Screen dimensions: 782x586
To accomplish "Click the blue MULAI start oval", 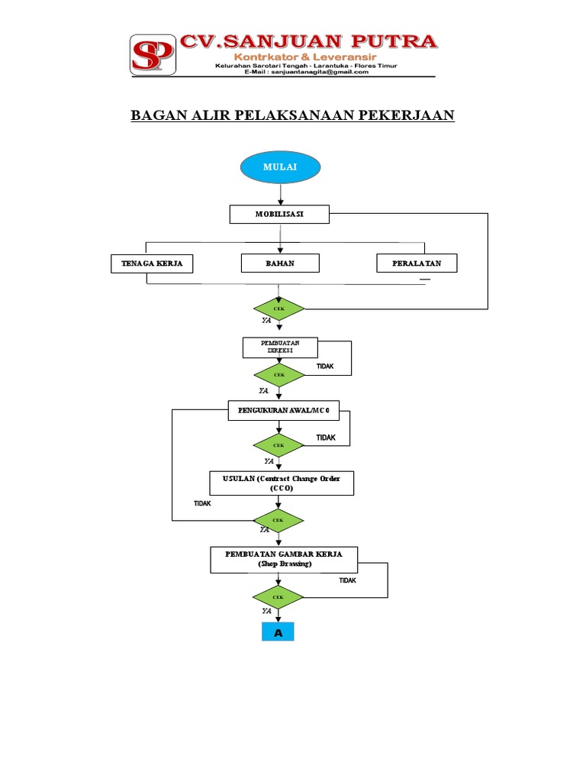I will coord(280,168).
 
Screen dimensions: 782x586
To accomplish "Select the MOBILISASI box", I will coord(279,215).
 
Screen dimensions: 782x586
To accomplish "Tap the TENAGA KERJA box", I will coord(151,263).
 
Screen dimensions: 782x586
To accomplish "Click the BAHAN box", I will coord(280,263).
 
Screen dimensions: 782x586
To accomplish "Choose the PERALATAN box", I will coord(417,263).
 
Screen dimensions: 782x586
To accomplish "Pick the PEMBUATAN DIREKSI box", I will coord(280,347).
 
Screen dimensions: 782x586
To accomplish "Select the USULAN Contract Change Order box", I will coord(282,483).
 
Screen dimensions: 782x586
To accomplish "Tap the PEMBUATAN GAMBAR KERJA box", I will coord(284,559).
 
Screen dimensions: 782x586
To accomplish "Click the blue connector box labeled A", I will coord(279,633).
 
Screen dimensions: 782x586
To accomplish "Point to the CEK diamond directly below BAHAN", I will coord(279,309).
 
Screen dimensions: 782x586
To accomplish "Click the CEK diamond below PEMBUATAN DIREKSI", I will coord(279,376).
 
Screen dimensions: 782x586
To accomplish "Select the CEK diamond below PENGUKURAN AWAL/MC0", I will coord(279,445).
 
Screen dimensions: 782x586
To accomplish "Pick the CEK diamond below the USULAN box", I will coord(279,520).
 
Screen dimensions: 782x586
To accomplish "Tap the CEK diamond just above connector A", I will coord(279,596).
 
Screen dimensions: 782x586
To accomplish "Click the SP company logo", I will coord(153,54).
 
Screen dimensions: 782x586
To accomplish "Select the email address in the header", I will coord(307,73).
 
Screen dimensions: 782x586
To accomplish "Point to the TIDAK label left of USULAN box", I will coord(202,503).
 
